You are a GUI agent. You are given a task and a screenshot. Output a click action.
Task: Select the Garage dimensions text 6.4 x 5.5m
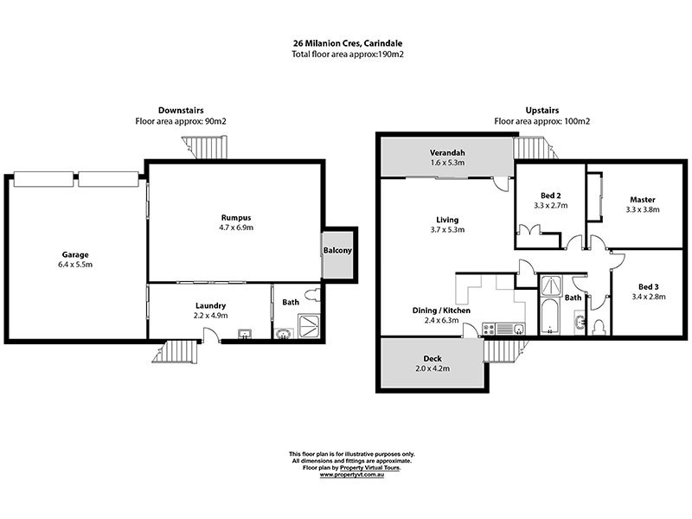(76, 265)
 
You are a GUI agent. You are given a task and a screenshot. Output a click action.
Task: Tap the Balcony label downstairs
(336, 252)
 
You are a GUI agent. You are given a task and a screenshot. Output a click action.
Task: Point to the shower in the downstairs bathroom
(308, 326)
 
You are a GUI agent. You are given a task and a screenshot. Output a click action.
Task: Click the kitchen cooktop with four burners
(487, 328)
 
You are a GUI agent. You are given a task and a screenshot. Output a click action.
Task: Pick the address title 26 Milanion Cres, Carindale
(345, 43)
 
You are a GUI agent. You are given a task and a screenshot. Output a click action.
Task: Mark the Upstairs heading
(541, 111)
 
